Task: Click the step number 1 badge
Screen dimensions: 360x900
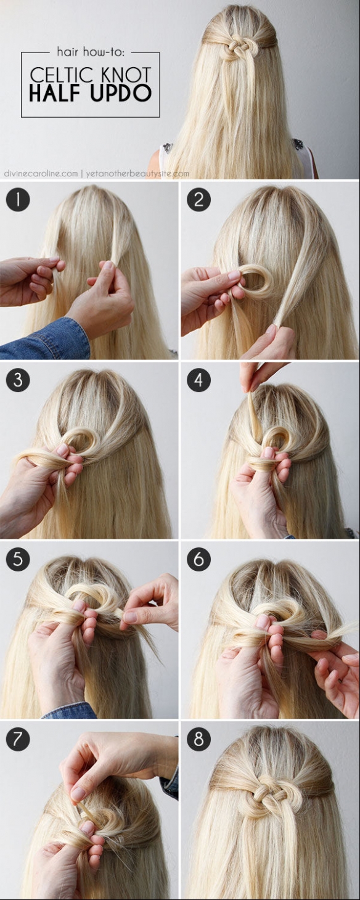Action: click(18, 199)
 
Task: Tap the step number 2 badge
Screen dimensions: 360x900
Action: click(198, 199)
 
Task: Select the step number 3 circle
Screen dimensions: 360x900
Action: click(18, 380)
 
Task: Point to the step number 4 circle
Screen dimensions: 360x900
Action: click(198, 380)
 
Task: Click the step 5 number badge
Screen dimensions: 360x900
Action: click(18, 559)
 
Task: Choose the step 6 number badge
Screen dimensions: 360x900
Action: click(198, 559)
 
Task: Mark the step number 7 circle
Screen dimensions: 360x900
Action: click(18, 738)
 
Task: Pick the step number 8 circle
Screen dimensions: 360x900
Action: click(198, 738)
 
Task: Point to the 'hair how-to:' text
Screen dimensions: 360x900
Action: click(91, 52)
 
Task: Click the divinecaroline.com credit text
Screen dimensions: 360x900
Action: click(41, 174)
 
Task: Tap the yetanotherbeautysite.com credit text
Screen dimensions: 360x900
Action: click(137, 174)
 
